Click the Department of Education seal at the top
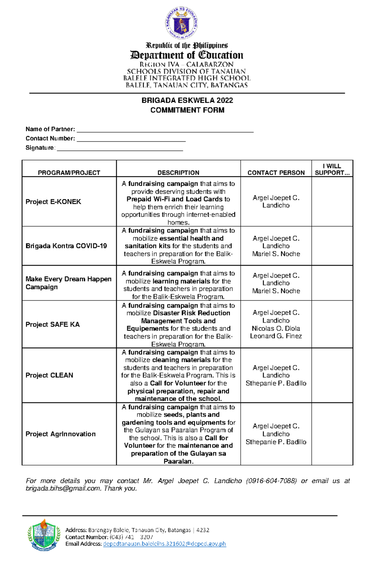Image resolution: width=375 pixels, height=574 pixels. (182, 23)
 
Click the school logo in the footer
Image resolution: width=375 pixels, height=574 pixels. (44, 535)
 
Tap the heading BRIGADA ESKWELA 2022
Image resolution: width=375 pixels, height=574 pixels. (187, 100)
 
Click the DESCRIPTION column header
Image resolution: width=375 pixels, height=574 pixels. (178, 173)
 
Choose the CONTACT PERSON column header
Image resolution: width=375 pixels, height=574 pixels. (276, 173)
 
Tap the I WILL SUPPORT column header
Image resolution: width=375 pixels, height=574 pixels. (332, 169)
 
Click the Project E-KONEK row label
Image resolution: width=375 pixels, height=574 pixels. (53, 202)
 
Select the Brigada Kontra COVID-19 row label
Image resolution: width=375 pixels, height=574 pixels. (66, 246)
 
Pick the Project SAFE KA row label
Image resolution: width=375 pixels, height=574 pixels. (52, 324)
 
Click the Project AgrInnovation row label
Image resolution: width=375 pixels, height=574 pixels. (61, 434)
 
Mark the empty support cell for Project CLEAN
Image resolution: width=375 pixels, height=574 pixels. (332, 375)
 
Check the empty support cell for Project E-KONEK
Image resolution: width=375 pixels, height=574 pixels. (332, 202)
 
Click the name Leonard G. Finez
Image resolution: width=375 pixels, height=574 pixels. (276, 336)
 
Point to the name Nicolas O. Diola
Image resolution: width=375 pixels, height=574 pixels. (276, 328)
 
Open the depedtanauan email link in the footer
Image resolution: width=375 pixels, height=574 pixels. (164, 544)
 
